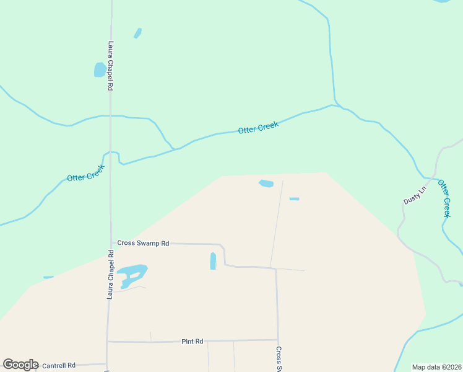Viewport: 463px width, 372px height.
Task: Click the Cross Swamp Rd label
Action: (x=143, y=244)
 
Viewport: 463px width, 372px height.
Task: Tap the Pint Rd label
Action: (x=193, y=342)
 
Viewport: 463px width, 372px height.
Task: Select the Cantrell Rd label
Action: (x=59, y=366)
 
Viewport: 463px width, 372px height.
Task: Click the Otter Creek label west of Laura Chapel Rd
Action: (x=86, y=176)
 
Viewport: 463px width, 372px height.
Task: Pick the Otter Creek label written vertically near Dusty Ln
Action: (x=444, y=198)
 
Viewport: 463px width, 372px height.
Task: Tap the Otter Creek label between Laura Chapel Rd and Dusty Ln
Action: (x=258, y=128)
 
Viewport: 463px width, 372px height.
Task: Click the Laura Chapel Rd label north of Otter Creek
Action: (x=111, y=66)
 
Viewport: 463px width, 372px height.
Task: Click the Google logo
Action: (x=20, y=365)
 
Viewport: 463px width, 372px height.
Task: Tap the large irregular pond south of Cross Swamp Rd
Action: (x=132, y=273)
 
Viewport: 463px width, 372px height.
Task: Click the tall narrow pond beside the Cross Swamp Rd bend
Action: (x=213, y=260)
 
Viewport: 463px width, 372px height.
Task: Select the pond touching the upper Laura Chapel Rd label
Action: (x=100, y=69)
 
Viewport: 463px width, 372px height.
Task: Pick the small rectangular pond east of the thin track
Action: (x=294, y=199)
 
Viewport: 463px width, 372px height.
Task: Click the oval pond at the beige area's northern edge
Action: (x=266, y=184)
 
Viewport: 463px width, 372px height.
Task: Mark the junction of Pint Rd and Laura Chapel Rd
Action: (x=108, y=341)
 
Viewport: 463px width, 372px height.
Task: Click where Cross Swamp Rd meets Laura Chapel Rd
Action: (x=111, y=244)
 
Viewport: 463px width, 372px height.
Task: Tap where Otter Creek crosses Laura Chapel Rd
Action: (x=111, y=153)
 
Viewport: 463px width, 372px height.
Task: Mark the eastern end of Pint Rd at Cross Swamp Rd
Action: (x=277, y=340)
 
